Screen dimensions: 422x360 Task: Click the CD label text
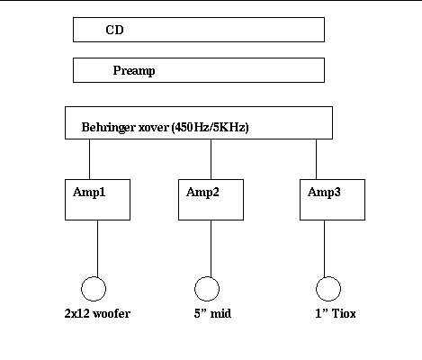(x=114, y=30)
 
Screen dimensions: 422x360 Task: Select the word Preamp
(x=134, y=71)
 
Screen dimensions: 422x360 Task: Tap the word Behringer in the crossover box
(x=108, y=128)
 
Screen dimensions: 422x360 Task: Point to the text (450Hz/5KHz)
(x=211, y=128)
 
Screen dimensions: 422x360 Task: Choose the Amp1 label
(x=89, y=193)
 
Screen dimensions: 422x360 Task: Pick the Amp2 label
(x=202, y=193)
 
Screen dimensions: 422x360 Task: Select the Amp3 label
(x=324, y=193)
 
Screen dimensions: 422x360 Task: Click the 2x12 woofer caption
(x=97, y=313)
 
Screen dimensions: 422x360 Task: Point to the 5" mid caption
(x=212, y=313)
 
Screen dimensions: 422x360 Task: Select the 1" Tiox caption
(x=336, y=313)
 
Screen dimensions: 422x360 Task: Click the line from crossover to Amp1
(x=89, y=159)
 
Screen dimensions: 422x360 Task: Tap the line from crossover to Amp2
(x=211, y=159)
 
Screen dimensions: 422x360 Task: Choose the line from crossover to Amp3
(x=316, y=159)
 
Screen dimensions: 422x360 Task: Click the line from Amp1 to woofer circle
(x=97, y=248)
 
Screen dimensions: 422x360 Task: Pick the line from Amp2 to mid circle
(x=211, y=248)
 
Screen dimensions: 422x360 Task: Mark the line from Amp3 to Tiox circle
(x=324, y=248)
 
